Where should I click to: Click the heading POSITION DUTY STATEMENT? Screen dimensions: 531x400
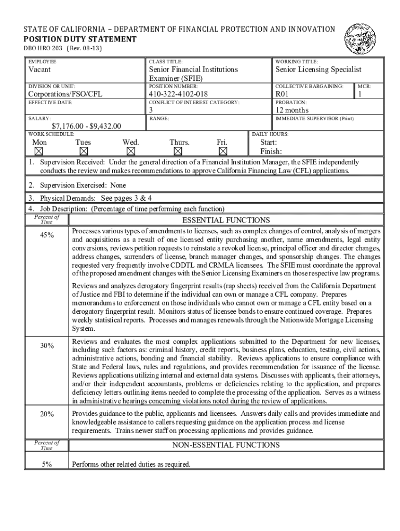tap(81, 39)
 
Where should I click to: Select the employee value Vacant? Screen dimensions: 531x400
tap(39, 69)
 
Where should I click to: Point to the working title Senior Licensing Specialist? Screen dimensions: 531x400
tap(318, 69)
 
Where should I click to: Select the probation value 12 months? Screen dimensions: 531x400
tap(291, 110)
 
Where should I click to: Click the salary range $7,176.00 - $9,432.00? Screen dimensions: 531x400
tap(86, 126)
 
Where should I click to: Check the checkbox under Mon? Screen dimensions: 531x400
tap(38, 151)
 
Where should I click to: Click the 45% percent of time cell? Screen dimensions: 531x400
tap(47, 235)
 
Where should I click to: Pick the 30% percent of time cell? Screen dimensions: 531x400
tap(47, 346)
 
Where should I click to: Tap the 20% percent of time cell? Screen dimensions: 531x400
tap(47, 414)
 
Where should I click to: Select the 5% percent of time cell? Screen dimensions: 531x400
tap(47, 464)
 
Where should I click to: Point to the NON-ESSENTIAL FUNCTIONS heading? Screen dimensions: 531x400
tap(226, 445)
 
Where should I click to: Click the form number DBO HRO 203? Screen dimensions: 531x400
tap(44, 49)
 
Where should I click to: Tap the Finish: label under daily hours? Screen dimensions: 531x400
tap(271, 151)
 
